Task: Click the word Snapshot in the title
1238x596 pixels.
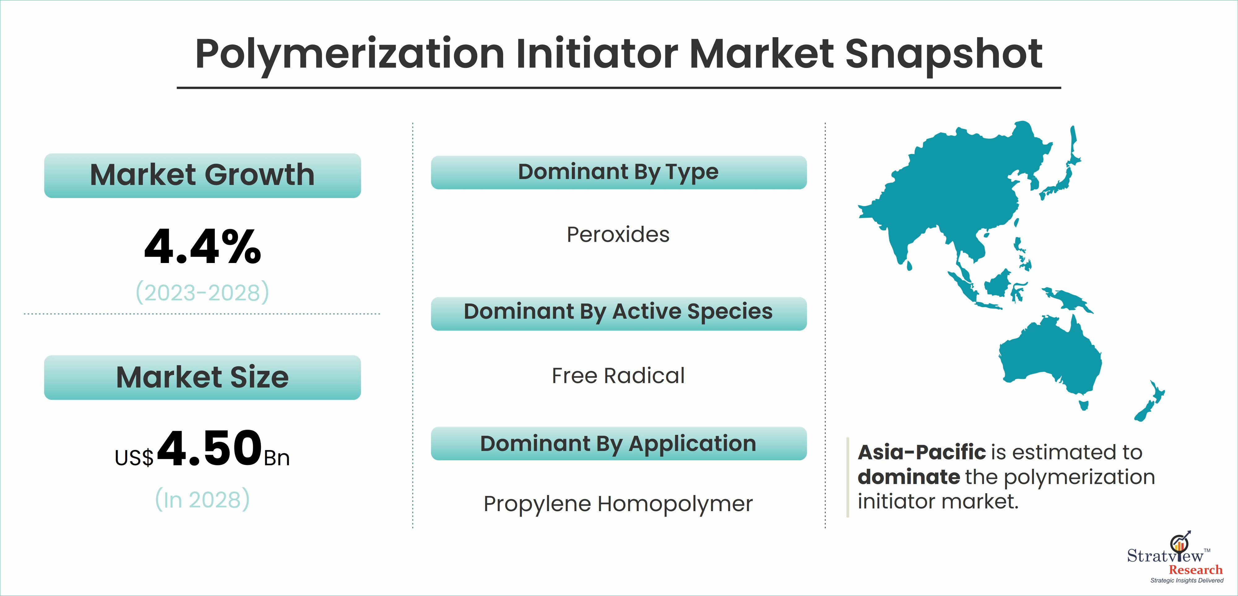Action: coord(943,54)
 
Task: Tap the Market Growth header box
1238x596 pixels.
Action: coord(202,176)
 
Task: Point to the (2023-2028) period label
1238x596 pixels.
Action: coord(202,292)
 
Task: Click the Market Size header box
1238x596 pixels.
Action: coord(202,378)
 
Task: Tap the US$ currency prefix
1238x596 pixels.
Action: coord(134,458)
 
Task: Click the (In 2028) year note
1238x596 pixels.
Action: coord(202,499)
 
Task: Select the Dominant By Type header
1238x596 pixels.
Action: coord(618,172)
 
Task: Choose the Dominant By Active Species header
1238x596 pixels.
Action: coord(618,313)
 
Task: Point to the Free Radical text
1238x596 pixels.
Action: coord(618,376)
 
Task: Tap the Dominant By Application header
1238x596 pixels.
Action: coord(618,444)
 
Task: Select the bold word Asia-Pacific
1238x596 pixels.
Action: coord(922,452)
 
